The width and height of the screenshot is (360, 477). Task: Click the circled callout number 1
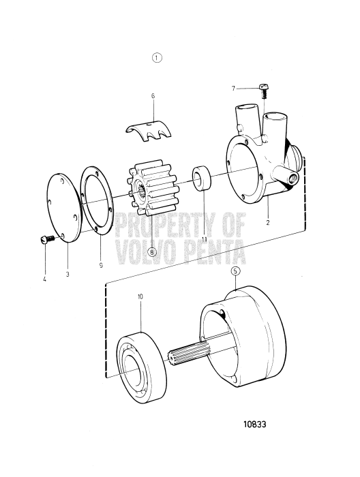[157, 58]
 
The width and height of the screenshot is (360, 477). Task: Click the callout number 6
[153, 97]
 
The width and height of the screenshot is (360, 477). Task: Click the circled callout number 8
[152, 251]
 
